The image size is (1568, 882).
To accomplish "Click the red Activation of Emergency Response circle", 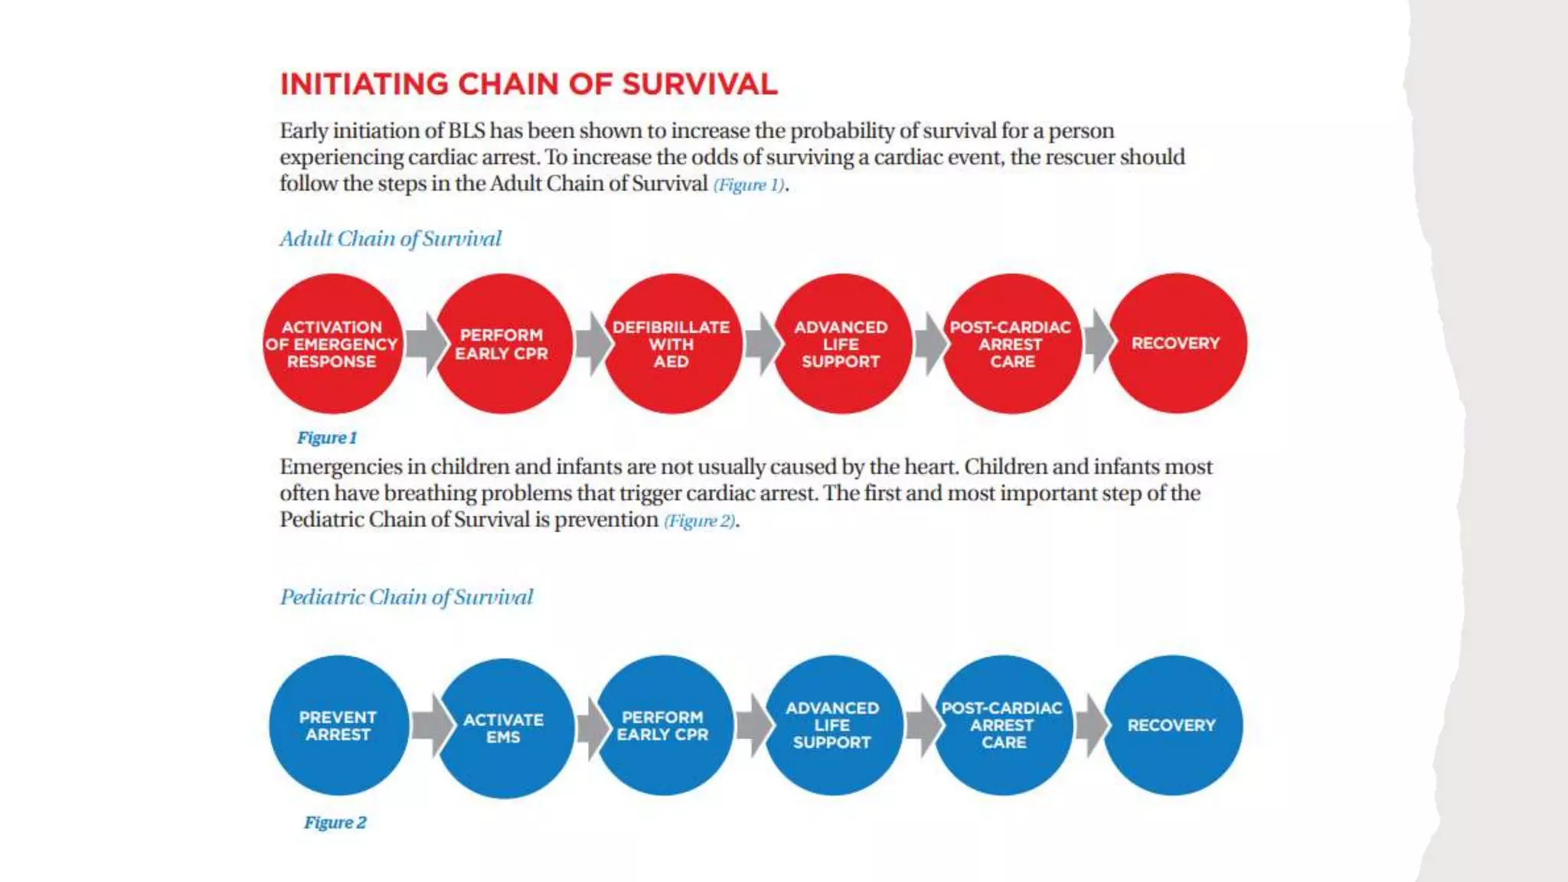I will coord(332,344).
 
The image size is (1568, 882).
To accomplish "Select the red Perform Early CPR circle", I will coord(501,344).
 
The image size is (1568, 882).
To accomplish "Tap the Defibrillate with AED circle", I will coord(671,344).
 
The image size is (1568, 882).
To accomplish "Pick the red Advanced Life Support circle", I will coord(841,344).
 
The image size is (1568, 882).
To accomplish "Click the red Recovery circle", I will coord(1176,344).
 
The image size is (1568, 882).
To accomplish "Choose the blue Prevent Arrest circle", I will coord(338,725).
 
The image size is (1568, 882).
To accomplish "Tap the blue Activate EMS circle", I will coord(503,728).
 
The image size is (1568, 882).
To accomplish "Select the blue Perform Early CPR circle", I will coord(663,725).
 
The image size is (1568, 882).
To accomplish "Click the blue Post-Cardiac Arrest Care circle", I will coord(1002,725).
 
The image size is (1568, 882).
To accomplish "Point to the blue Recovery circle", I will coord(1171,725).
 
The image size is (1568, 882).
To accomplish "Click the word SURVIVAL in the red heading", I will coord(699,84).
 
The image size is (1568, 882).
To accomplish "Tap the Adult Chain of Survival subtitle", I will coord(390,239).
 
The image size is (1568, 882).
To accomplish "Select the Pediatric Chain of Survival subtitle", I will coord(406,597).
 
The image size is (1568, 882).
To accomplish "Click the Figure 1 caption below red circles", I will coord(327,438).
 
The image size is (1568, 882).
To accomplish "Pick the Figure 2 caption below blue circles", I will coord(335,822).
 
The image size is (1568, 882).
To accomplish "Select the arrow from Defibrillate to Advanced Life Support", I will coord(762,344).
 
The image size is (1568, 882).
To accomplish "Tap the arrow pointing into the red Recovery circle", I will coord(1099,341).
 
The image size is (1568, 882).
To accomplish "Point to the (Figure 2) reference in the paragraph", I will coord(700,521).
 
